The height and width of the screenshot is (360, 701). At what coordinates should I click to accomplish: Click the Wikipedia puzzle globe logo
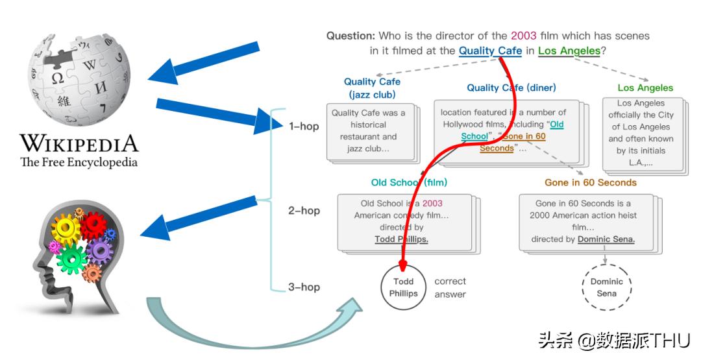point(79,77)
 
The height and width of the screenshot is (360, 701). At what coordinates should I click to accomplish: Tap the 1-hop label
point(304,126)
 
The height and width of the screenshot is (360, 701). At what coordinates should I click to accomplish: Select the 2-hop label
point(304,210)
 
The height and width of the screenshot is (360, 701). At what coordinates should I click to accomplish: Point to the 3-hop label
point(304,287)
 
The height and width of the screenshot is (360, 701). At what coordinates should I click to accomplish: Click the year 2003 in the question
point(524,36)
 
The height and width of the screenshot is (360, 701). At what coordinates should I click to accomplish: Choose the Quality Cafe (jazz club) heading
point(372,88)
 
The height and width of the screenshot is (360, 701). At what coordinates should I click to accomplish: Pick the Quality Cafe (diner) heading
point(511,88)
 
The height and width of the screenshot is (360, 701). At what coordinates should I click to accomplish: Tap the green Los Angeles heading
point(645,88)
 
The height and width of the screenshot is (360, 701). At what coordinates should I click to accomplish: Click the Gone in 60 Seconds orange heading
point(591,182)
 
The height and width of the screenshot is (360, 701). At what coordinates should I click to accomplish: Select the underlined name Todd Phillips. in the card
point(401,239)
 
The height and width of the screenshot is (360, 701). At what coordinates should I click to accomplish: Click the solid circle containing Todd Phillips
point(403,287)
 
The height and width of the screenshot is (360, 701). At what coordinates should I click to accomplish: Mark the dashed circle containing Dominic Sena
point(606,287)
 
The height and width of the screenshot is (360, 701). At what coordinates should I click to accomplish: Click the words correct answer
point(450,287)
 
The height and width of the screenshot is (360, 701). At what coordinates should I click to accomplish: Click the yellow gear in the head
point(65,230)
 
